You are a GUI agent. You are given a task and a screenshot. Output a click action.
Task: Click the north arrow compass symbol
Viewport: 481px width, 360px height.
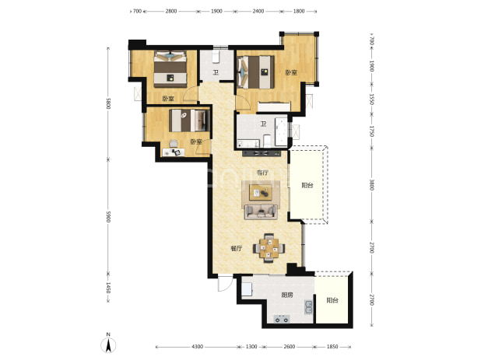(108, 344)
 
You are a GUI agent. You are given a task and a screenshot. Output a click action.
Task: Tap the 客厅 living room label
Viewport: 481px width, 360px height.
(262, 173)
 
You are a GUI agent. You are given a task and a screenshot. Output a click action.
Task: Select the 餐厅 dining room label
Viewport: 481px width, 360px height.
(236, 249)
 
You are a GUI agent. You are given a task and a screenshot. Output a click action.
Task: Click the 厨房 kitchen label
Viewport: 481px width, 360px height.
(287, 295)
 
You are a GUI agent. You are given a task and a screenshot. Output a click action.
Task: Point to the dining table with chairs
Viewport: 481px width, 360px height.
(269, 249)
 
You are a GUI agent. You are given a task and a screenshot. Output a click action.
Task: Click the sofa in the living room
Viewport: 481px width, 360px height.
(261, 211)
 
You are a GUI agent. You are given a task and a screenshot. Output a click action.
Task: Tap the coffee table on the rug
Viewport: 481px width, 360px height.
(261, 192)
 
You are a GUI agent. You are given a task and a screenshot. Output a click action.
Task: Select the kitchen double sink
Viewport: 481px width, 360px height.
(308, 307)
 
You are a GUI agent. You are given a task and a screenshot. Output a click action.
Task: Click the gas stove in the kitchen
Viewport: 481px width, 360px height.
(282, 319)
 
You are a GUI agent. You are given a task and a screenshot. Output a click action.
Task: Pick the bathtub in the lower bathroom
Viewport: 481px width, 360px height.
(281, 131)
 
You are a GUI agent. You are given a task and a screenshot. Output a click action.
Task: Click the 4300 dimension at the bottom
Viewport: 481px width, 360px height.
(197, 347)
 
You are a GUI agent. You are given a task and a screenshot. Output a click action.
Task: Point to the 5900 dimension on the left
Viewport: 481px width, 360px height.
(107, 217)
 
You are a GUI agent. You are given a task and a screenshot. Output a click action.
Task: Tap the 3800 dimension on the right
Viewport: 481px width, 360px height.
(371, 185)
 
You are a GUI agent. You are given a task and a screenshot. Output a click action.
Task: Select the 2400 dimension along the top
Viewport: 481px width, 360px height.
(258, 12)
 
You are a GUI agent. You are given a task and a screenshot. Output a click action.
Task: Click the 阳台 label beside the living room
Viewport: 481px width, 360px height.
(307, 185)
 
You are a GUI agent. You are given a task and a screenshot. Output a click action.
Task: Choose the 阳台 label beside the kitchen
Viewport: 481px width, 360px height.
(332, 300)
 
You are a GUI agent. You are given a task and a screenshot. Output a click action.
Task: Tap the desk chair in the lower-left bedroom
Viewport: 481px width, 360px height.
(174, 143)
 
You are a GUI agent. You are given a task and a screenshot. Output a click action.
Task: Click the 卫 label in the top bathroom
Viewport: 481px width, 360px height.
(216, 72)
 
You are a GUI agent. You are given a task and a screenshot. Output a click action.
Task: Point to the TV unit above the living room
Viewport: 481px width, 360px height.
(262, 153)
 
